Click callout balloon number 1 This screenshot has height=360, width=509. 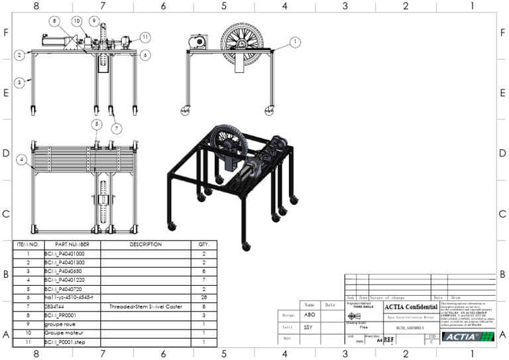click(296, 42)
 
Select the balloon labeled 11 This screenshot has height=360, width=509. click(145, 37)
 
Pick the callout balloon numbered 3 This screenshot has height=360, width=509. click(20, 82)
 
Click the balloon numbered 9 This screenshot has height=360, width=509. click(95, 21)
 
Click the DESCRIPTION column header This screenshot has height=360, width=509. click(145, 244)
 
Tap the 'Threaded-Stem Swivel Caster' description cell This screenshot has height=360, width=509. click(145, 307)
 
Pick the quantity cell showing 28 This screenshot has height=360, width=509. click(203, 298)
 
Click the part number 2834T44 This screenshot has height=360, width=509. click(72, 307)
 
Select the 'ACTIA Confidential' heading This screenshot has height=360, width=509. click(410, 307)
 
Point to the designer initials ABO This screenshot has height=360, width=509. click(310, 314)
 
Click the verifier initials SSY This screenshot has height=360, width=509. click(310, 327)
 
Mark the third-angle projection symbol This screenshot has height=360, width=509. click(354, 316)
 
